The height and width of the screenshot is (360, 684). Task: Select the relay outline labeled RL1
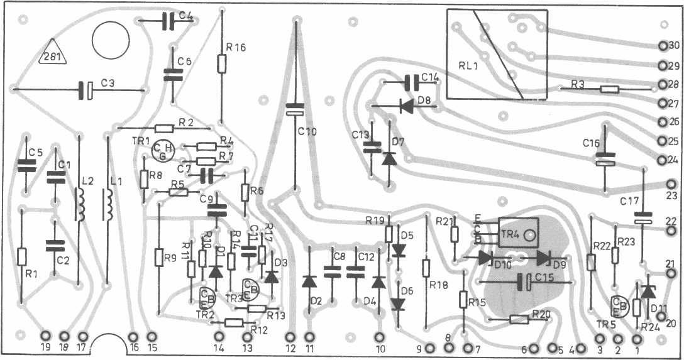(484, 54)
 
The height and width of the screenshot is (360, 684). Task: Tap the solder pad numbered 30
(662, 46)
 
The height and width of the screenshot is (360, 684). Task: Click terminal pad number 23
(670, 185)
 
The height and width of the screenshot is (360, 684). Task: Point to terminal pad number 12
(290, 337)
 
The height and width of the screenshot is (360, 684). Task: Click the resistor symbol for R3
(609, 89)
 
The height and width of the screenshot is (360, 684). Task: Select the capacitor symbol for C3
(85, 90)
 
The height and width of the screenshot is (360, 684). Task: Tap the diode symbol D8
(406, 106)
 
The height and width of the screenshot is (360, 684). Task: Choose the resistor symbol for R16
(222, 63)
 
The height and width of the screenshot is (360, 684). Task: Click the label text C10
(307, 131)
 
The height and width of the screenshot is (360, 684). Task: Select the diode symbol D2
(309, 281)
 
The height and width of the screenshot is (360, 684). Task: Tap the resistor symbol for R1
(22, 256)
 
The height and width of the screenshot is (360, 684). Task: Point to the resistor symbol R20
(518, 319)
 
